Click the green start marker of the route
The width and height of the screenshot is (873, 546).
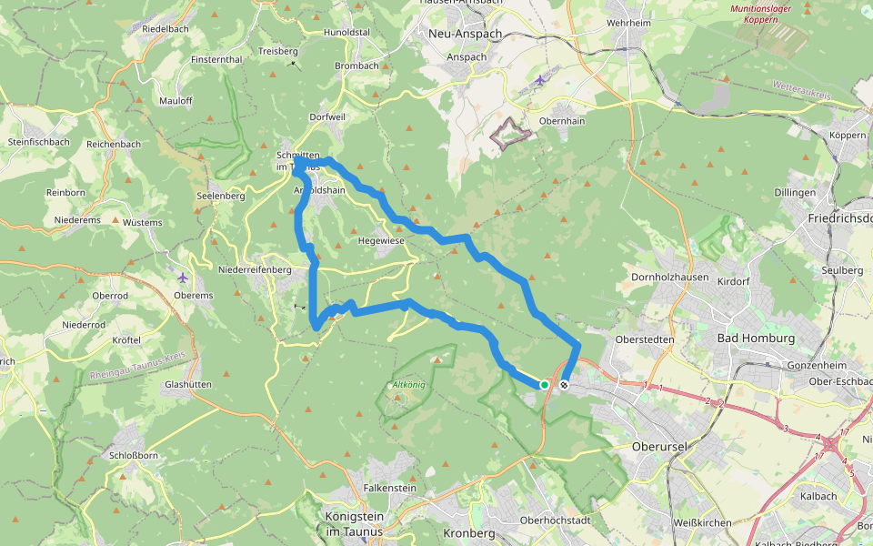[x=544, y=385]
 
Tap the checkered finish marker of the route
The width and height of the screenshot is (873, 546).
[x=565, y=385]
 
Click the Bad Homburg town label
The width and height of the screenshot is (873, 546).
[x=756, y=339]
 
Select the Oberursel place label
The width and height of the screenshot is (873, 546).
[x=662, y=447]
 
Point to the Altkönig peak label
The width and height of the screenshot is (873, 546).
[x=408, y=385]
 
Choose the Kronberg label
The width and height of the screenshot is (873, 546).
[x=468, y=532]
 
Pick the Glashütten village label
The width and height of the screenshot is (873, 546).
[x=188, y=384]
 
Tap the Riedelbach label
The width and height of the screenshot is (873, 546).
[x=165, y=29]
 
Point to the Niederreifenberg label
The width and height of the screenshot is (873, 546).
[x=255, y=269]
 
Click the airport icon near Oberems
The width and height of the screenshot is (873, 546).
[x=184, y=278]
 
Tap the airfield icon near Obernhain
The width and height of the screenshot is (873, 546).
[x=540, y=80]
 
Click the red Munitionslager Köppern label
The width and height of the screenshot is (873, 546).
[x=760, y=14]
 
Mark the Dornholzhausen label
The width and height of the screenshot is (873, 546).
[x=668, y=276]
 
